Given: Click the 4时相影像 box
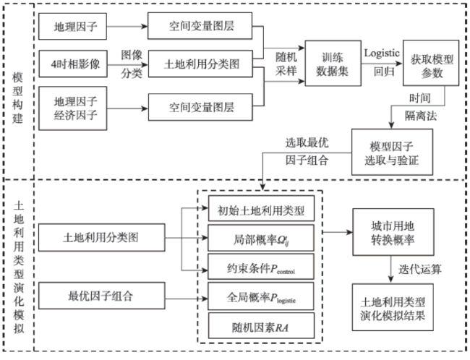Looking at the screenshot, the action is [73, 64].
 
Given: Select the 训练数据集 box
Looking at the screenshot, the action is [333, 63].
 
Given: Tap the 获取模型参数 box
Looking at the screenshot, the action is [431, 63].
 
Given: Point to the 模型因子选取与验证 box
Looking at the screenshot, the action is [392, 152].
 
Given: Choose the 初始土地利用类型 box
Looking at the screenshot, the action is [261, 209].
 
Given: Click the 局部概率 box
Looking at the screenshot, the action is [261, 238].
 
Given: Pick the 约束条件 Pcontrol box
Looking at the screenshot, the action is [261, 267].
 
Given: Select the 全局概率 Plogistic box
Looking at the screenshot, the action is [261, 296].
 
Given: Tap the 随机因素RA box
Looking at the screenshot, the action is [261, 325].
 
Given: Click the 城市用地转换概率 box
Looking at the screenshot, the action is [393, 232].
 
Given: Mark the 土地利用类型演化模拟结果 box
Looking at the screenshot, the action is [393, 307].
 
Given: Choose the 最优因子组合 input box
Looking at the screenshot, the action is [102, 296].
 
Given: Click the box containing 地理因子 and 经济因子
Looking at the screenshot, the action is [73, 108].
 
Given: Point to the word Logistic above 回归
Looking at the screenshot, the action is [382, 53].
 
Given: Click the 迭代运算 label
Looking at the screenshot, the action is [420, 269].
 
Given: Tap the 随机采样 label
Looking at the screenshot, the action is [286, 64].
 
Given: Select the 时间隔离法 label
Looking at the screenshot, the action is [421, 107].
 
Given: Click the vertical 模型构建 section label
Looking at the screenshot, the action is [17, 98].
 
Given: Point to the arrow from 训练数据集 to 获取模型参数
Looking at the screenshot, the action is [382, 64].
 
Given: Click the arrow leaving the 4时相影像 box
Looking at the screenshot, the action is [128, 65].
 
